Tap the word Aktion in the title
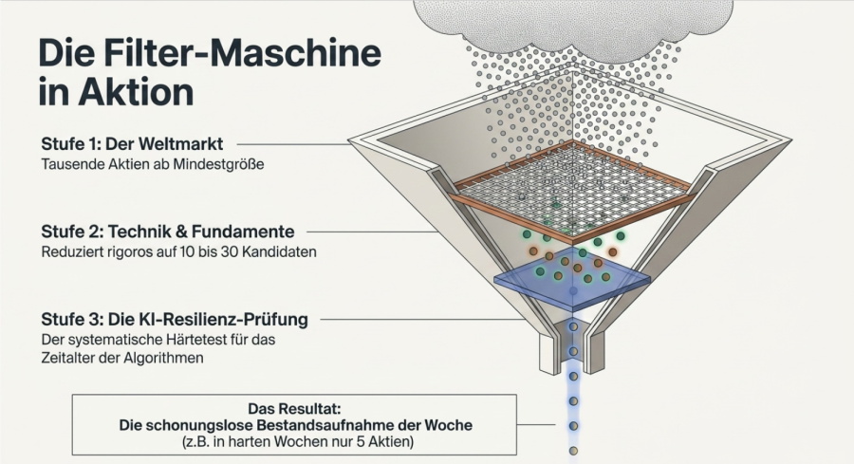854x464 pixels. coord(136,92)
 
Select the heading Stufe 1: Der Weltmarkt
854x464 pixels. coord(132,144)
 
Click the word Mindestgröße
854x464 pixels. coord(218,164)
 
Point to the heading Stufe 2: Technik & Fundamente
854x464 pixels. coord(168,232)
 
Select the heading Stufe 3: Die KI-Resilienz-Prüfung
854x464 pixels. coord(175,319)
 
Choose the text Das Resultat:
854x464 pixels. coord(295,408)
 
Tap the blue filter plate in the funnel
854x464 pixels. coord(572,280)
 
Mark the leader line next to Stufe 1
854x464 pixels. coord(293,144)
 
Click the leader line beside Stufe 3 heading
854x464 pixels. coord(424,320)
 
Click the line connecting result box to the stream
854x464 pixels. coord(536,425)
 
